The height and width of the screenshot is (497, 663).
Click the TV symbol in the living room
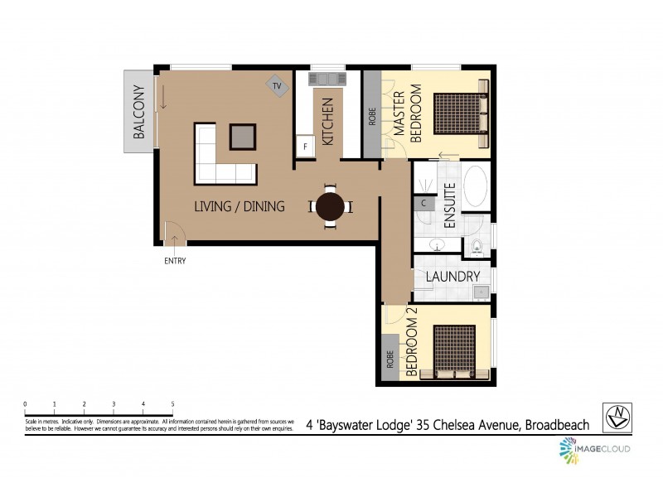pyautogui.click(x=277, y=85)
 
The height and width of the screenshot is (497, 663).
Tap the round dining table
pyautogui.click(x=331, y=205)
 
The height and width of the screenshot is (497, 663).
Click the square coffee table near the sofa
pyautogui.click(x=243, y=135)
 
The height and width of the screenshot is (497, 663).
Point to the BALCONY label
pyautogui.click(x=139, y=112)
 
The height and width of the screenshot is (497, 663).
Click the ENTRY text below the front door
pyautogui.click(x=175, y=261)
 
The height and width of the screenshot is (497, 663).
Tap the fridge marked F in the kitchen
pyautogui.click(x=305, y=147)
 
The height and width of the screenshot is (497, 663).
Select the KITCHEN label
pyautogui.click(x=328, y=122)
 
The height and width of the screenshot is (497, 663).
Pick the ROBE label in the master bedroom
pyautogui.click(x=372, y=115)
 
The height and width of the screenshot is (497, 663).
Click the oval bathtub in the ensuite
pyautogui.click(x=476, y=186)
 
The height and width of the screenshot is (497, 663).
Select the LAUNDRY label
pyautogui.click(x=452, y=277)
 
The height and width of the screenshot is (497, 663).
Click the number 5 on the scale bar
pyautogui.click(x=172, y=404)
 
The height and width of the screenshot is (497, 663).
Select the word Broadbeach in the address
pyautogui.click(x=555, y=425)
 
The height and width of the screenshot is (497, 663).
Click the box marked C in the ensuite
pyautogui.click(x=423, y=203)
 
